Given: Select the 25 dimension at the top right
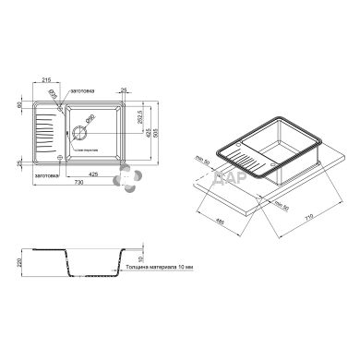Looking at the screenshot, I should [x=124, y=89].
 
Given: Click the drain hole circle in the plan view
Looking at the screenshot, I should [x=90, y=125].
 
